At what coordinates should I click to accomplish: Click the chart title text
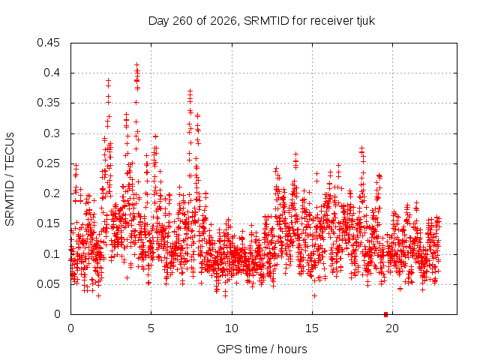pos(262,21)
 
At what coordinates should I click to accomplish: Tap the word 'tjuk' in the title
pos(365,21)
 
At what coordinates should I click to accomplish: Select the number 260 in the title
pos(182,21)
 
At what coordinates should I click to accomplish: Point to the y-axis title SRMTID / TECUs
pos(10,179)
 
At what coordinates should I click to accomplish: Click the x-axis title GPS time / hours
pos(262,349)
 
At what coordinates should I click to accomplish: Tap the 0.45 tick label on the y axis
pos(48,43)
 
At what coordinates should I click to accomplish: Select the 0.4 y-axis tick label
pos(52,73)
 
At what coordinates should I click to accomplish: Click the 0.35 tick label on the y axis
pos(48,103)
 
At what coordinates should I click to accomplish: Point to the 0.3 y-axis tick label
pos(52,133)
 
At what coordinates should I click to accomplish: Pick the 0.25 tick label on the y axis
pos(48,163)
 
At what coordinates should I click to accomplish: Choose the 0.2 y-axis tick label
pos(52,193)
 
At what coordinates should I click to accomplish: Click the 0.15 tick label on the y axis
pos(48,223)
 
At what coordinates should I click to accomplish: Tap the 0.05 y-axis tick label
pos(48,284)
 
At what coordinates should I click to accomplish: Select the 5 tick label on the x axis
pos(151,328)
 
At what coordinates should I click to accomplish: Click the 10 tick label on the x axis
pos(232,328)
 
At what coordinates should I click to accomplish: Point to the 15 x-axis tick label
pos(312,328)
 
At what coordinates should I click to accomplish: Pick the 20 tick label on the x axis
pos(392,328)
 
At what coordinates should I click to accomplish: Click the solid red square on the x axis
pos(385,314)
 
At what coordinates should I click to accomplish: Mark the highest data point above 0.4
pos(136,65)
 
